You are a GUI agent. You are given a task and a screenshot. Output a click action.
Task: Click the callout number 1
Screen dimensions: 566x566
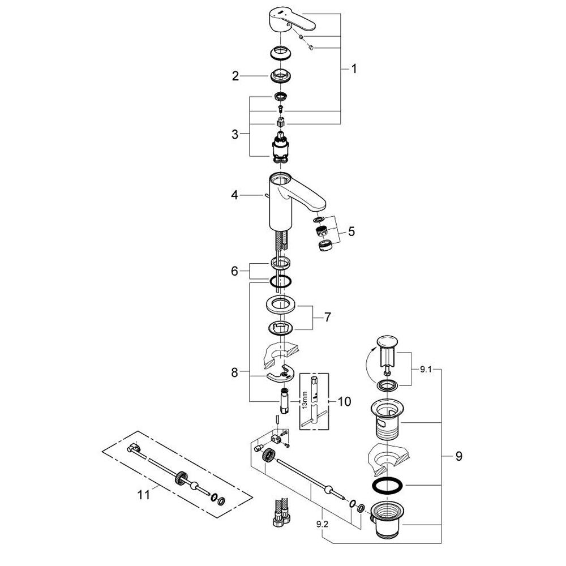(x=354, y=69)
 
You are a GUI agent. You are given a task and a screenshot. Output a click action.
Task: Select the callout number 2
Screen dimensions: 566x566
(x=235, y=76)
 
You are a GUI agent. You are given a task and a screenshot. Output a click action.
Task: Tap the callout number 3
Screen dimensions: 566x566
(x=235, y=135)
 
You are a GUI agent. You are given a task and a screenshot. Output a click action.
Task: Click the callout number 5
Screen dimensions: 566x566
(x=351, y=231)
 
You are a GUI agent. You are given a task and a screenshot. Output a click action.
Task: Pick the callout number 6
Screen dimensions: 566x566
(x=235, y=272)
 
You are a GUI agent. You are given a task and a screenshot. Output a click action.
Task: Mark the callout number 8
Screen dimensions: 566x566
(x=235, y=372)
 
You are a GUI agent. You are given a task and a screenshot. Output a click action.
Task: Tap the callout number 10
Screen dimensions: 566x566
(x=344, y=402)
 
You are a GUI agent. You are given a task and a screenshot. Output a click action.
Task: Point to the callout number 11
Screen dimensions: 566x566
(x=144, y=495)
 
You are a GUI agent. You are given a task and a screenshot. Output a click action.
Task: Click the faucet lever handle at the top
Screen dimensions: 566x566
(x=288, y=16)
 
